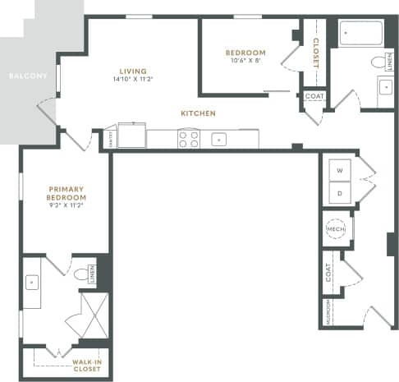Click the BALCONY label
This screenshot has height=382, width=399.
tap(21, 76)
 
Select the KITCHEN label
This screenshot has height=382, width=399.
tap(199, 113)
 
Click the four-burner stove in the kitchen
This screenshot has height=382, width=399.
tap(188, 139)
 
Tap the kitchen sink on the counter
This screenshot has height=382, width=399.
tap(218, 139)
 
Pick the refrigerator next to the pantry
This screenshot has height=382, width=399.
tap(131, 136)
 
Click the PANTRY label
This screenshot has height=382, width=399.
tap(111, 139)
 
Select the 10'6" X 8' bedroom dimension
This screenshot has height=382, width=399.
tap(245, 61)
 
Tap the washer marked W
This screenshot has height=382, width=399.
tap(339, 171)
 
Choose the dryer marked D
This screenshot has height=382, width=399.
tap(339, 193)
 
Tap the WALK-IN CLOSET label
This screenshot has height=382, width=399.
tap(86, 365)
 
